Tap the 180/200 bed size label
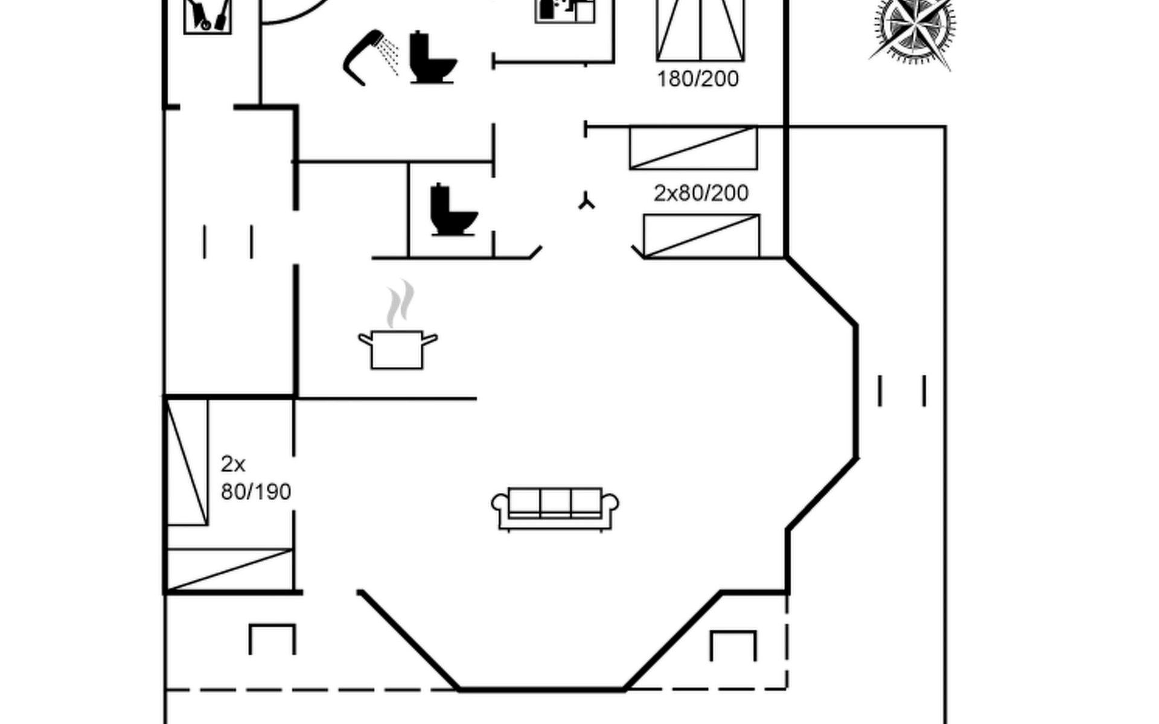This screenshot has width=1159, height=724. (697, 79)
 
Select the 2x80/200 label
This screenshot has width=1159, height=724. (701, 193)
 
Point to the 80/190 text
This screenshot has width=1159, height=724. (256, 492)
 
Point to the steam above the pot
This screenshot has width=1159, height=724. (400, 303)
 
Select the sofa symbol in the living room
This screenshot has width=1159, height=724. (555, 509)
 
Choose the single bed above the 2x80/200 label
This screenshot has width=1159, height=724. (693, 148)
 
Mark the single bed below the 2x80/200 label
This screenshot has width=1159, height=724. (701, 236)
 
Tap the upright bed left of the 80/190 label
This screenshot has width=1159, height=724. (187, 462)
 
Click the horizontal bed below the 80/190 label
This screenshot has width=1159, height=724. (229, 569)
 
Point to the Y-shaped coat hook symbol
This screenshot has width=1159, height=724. (586, 202)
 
